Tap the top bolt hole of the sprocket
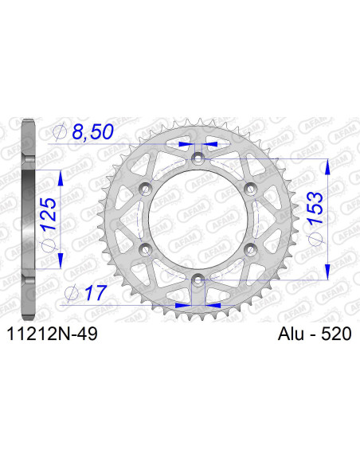click(198, 158)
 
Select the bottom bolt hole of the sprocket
click(198, 279)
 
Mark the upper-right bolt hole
click(249, 188)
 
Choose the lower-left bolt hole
click(146, 249)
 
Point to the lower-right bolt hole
click(249, 249)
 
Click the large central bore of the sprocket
click(198, 219)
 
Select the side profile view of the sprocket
click(28, 219)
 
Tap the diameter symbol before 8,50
click(61, 132)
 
